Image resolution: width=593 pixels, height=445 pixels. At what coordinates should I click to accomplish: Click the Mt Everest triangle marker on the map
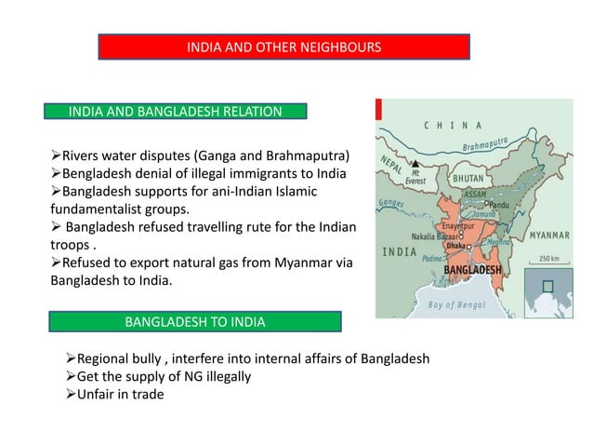click(x=416, y=164)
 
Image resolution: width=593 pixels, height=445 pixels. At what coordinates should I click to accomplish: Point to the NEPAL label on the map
click(x=391, y=163)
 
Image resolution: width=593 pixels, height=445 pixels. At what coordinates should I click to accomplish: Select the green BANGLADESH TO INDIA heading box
click(x=194, y=322)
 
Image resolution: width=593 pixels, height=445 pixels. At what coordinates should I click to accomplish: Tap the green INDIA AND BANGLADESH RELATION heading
click(x=176, y=113)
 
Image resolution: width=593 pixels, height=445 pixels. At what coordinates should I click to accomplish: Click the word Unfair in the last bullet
click(x=99, y=394)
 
